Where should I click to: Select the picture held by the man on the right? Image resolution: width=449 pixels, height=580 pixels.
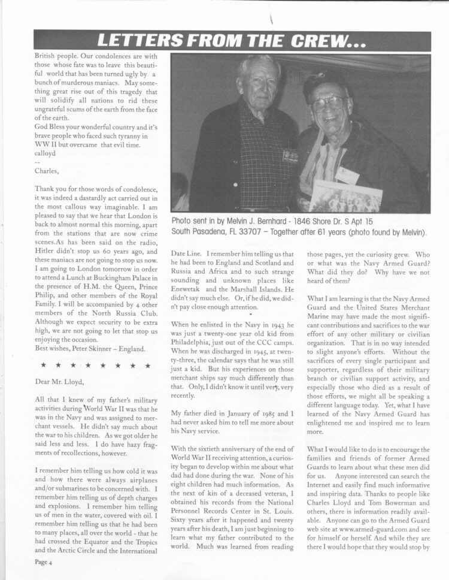(346, 197)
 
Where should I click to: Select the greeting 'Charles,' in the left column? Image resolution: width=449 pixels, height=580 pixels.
(49, 170)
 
